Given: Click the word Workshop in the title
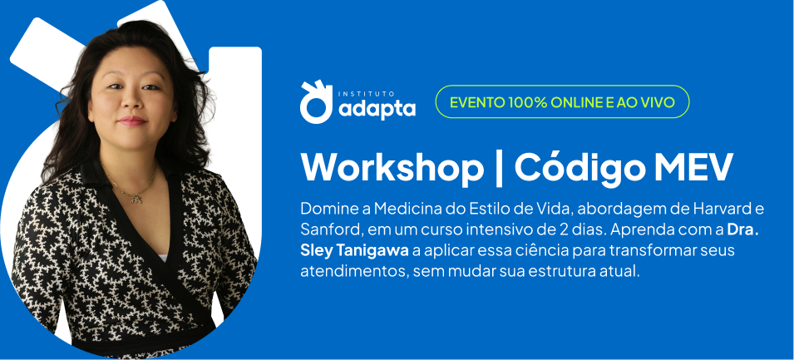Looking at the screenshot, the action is click(392, 168).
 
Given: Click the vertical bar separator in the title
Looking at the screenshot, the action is click(500, 169).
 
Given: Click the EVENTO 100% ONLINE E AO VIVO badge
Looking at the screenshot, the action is click(562, 101).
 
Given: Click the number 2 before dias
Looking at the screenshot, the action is click(571, 229).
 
